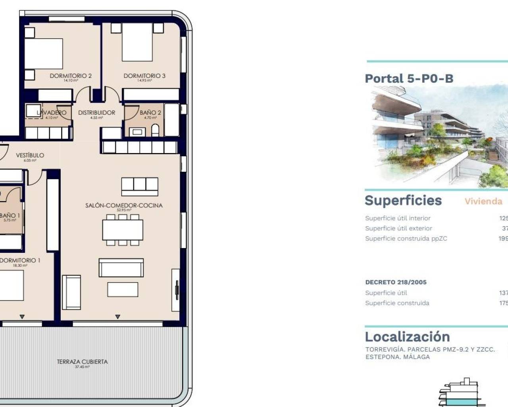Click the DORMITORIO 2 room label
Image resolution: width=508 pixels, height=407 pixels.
(71, 76)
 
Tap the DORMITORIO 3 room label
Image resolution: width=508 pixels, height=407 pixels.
(144, 76)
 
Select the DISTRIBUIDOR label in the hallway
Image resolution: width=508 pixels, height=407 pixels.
(96, 113)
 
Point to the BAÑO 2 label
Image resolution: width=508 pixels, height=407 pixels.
(150, 113)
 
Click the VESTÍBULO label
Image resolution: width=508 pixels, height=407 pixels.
(30, 155)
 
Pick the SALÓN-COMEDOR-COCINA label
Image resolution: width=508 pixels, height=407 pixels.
(124, 205)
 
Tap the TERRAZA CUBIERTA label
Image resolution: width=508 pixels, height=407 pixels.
(82, 362)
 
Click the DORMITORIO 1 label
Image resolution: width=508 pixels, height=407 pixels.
(20, 260)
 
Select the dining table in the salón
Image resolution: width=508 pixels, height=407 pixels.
(123, 230)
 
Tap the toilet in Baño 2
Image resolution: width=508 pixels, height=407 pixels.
(155, 130)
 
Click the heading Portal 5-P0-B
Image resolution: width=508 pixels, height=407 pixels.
(409, 79)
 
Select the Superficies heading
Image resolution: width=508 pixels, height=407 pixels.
(403, 201)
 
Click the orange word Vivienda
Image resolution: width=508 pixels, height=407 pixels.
(483, 202)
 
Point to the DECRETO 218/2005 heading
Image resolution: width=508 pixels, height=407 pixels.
(396, 282)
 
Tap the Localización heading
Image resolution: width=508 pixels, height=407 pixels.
(407, 337)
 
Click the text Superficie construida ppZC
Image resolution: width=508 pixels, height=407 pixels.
(406, 239)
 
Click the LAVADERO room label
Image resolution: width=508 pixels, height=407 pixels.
(52, 113)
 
